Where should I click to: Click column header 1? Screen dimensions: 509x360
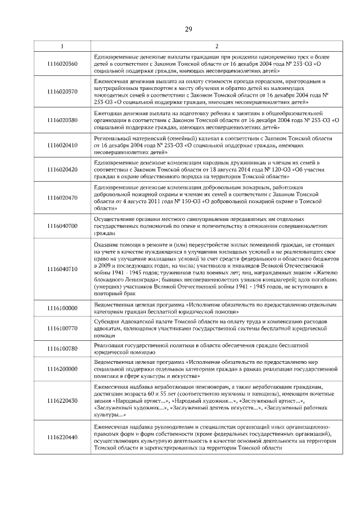coord(62,46)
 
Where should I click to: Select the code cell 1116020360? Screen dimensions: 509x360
coord(62,64)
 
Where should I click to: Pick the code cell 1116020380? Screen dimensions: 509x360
coord(62,120)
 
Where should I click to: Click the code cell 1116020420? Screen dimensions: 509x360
coord(62,169)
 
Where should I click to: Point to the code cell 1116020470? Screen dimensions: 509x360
coord(62,197)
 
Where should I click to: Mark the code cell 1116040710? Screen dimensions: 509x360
coord(62,269)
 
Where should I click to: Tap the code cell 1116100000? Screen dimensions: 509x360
coord(62,308)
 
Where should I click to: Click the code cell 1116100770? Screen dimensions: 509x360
coord(62,327)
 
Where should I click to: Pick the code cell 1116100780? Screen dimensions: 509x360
coord(62,348)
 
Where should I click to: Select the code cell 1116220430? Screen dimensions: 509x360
coord(62,400)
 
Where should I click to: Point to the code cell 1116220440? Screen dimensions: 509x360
coord(62,437)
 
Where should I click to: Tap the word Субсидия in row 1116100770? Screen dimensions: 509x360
coord(106,321)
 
